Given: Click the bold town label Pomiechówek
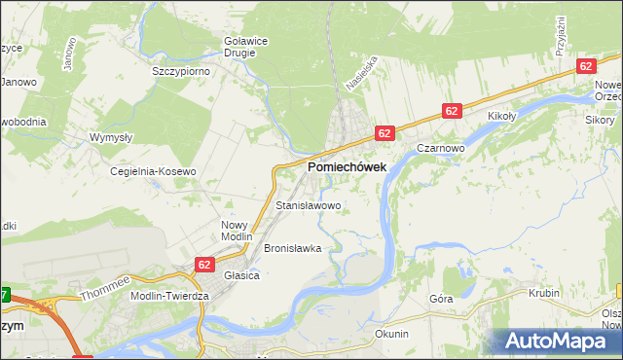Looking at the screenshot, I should click(x=347, y=167).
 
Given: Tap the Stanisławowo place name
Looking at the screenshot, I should click(x=309, y=206).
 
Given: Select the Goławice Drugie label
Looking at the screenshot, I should click(x=239, y=47).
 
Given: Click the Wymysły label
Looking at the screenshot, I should click(x=110, y=138).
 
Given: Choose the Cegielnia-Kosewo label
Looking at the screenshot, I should click(x=153, y=171).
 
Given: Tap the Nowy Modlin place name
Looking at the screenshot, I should click(x=236, y=231).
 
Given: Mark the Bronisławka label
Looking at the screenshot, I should click(x=292, y=248).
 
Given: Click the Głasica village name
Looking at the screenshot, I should click(x=241, y=275).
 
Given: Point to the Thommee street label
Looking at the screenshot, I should click(x=105, y=286).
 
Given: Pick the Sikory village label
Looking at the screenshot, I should click(x=600, y=120).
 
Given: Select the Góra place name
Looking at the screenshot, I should click(x=441, y=300).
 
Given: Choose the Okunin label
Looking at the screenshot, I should click(x=391, y=334).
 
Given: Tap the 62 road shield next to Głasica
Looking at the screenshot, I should click(x=203, y=264).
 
